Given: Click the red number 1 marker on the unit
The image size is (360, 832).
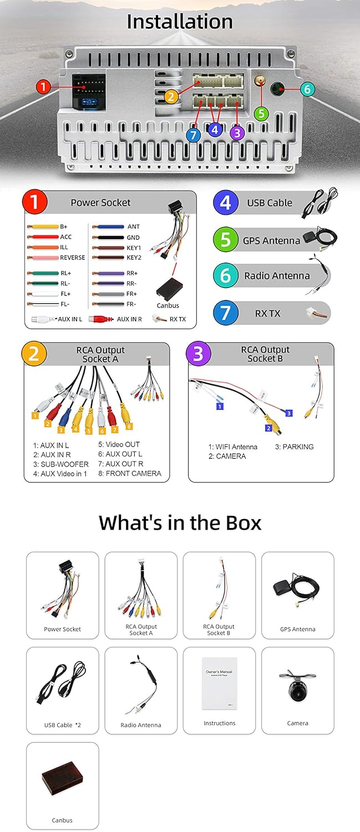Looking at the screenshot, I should pos(44,87).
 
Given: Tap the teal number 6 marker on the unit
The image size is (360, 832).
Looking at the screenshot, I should pos(308,89).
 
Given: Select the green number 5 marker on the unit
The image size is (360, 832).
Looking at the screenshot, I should pos(261,113).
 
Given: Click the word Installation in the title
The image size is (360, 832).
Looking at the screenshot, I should pos(180,22).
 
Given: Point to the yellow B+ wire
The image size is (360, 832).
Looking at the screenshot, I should pos(43,227).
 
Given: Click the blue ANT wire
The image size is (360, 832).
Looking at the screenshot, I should pos(108,227).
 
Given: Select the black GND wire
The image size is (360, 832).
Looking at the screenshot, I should pos(108,237).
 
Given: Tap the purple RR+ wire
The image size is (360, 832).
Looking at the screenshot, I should pos(108,273).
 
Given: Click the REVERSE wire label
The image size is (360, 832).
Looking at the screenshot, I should pos(73,258).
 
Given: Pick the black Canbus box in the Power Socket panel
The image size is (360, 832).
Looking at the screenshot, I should pos(168,288).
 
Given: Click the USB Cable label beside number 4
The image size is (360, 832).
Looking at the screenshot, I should pos(270,203).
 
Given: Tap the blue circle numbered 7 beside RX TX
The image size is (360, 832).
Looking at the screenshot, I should pos(225,313).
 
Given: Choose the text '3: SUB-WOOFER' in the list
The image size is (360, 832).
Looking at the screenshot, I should pos(60,464).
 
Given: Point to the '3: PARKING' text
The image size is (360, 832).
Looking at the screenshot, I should pos(295,447).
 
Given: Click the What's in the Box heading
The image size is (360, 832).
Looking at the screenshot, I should pos(180,522).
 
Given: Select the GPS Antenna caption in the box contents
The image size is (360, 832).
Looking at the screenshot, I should pos(297,630).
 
